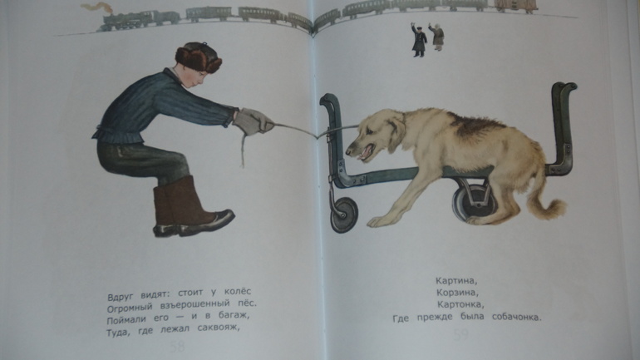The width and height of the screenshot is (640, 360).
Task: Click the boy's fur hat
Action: click(x=198, y=57)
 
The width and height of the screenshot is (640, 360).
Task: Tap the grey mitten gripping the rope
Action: click(x=253, y=121)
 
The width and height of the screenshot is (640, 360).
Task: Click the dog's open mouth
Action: click(x=366, y=152)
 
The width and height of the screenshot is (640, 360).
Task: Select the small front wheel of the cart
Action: click(x=344, y=215)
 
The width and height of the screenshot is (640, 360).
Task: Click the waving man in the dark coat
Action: click(x=419, y=40)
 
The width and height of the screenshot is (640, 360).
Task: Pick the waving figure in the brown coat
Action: click(x=437, y=37)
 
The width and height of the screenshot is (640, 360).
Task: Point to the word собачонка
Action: click(x=516, y=317)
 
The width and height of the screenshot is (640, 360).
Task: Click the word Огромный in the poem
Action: click(x=130, y=307)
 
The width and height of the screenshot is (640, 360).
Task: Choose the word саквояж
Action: click(x=218, y=328)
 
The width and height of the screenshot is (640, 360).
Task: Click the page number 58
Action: click(x=177, y=347)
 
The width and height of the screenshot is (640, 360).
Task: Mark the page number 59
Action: click(x=460, y=335)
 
